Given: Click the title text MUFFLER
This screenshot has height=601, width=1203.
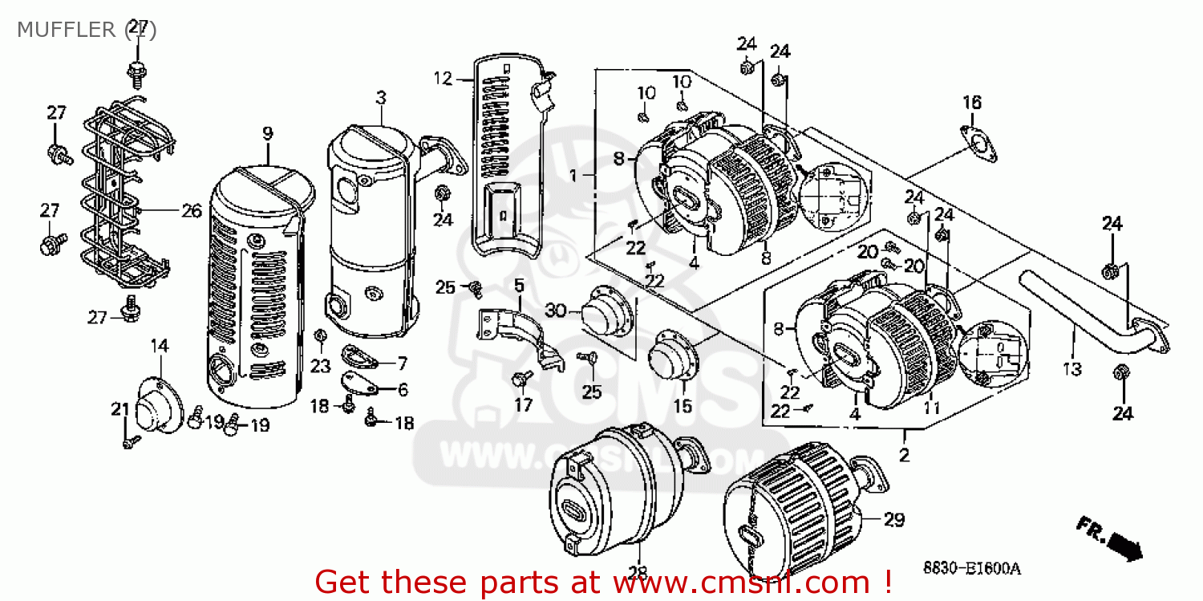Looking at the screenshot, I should pyautogui.click(x=67, y=30).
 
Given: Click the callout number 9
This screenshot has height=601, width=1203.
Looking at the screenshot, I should pyautogui.click(x=267, y=134).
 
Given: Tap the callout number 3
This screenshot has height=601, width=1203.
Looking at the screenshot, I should pyautogui.click(x=381, y=98).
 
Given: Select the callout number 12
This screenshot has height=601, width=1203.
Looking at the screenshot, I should pyautogui.click(x=444, y=79).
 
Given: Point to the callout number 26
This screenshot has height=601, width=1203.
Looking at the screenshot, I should pyautogui.click(x=191, y=211).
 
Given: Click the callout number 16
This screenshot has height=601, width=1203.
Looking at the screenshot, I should pyautogui.click(x=972, y=103).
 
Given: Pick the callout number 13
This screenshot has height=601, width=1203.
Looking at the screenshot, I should pyautogui.click(x=1072, y=369).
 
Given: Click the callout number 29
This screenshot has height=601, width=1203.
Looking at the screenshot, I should pyautogui.click(x=894, y=520).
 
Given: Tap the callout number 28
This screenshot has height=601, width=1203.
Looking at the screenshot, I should pyautogui.click(x=638, y=571).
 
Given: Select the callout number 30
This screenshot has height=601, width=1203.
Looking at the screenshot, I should pyautogui.click(x=556, y=311).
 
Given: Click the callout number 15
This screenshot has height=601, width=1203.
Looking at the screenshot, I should pyautogui.click(x=683, y=406).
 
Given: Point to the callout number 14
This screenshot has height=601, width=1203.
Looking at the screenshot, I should pyautogui.click(x=160, y=346).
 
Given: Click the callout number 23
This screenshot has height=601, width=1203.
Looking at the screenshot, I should pyautogui.click(x=321, y=366).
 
